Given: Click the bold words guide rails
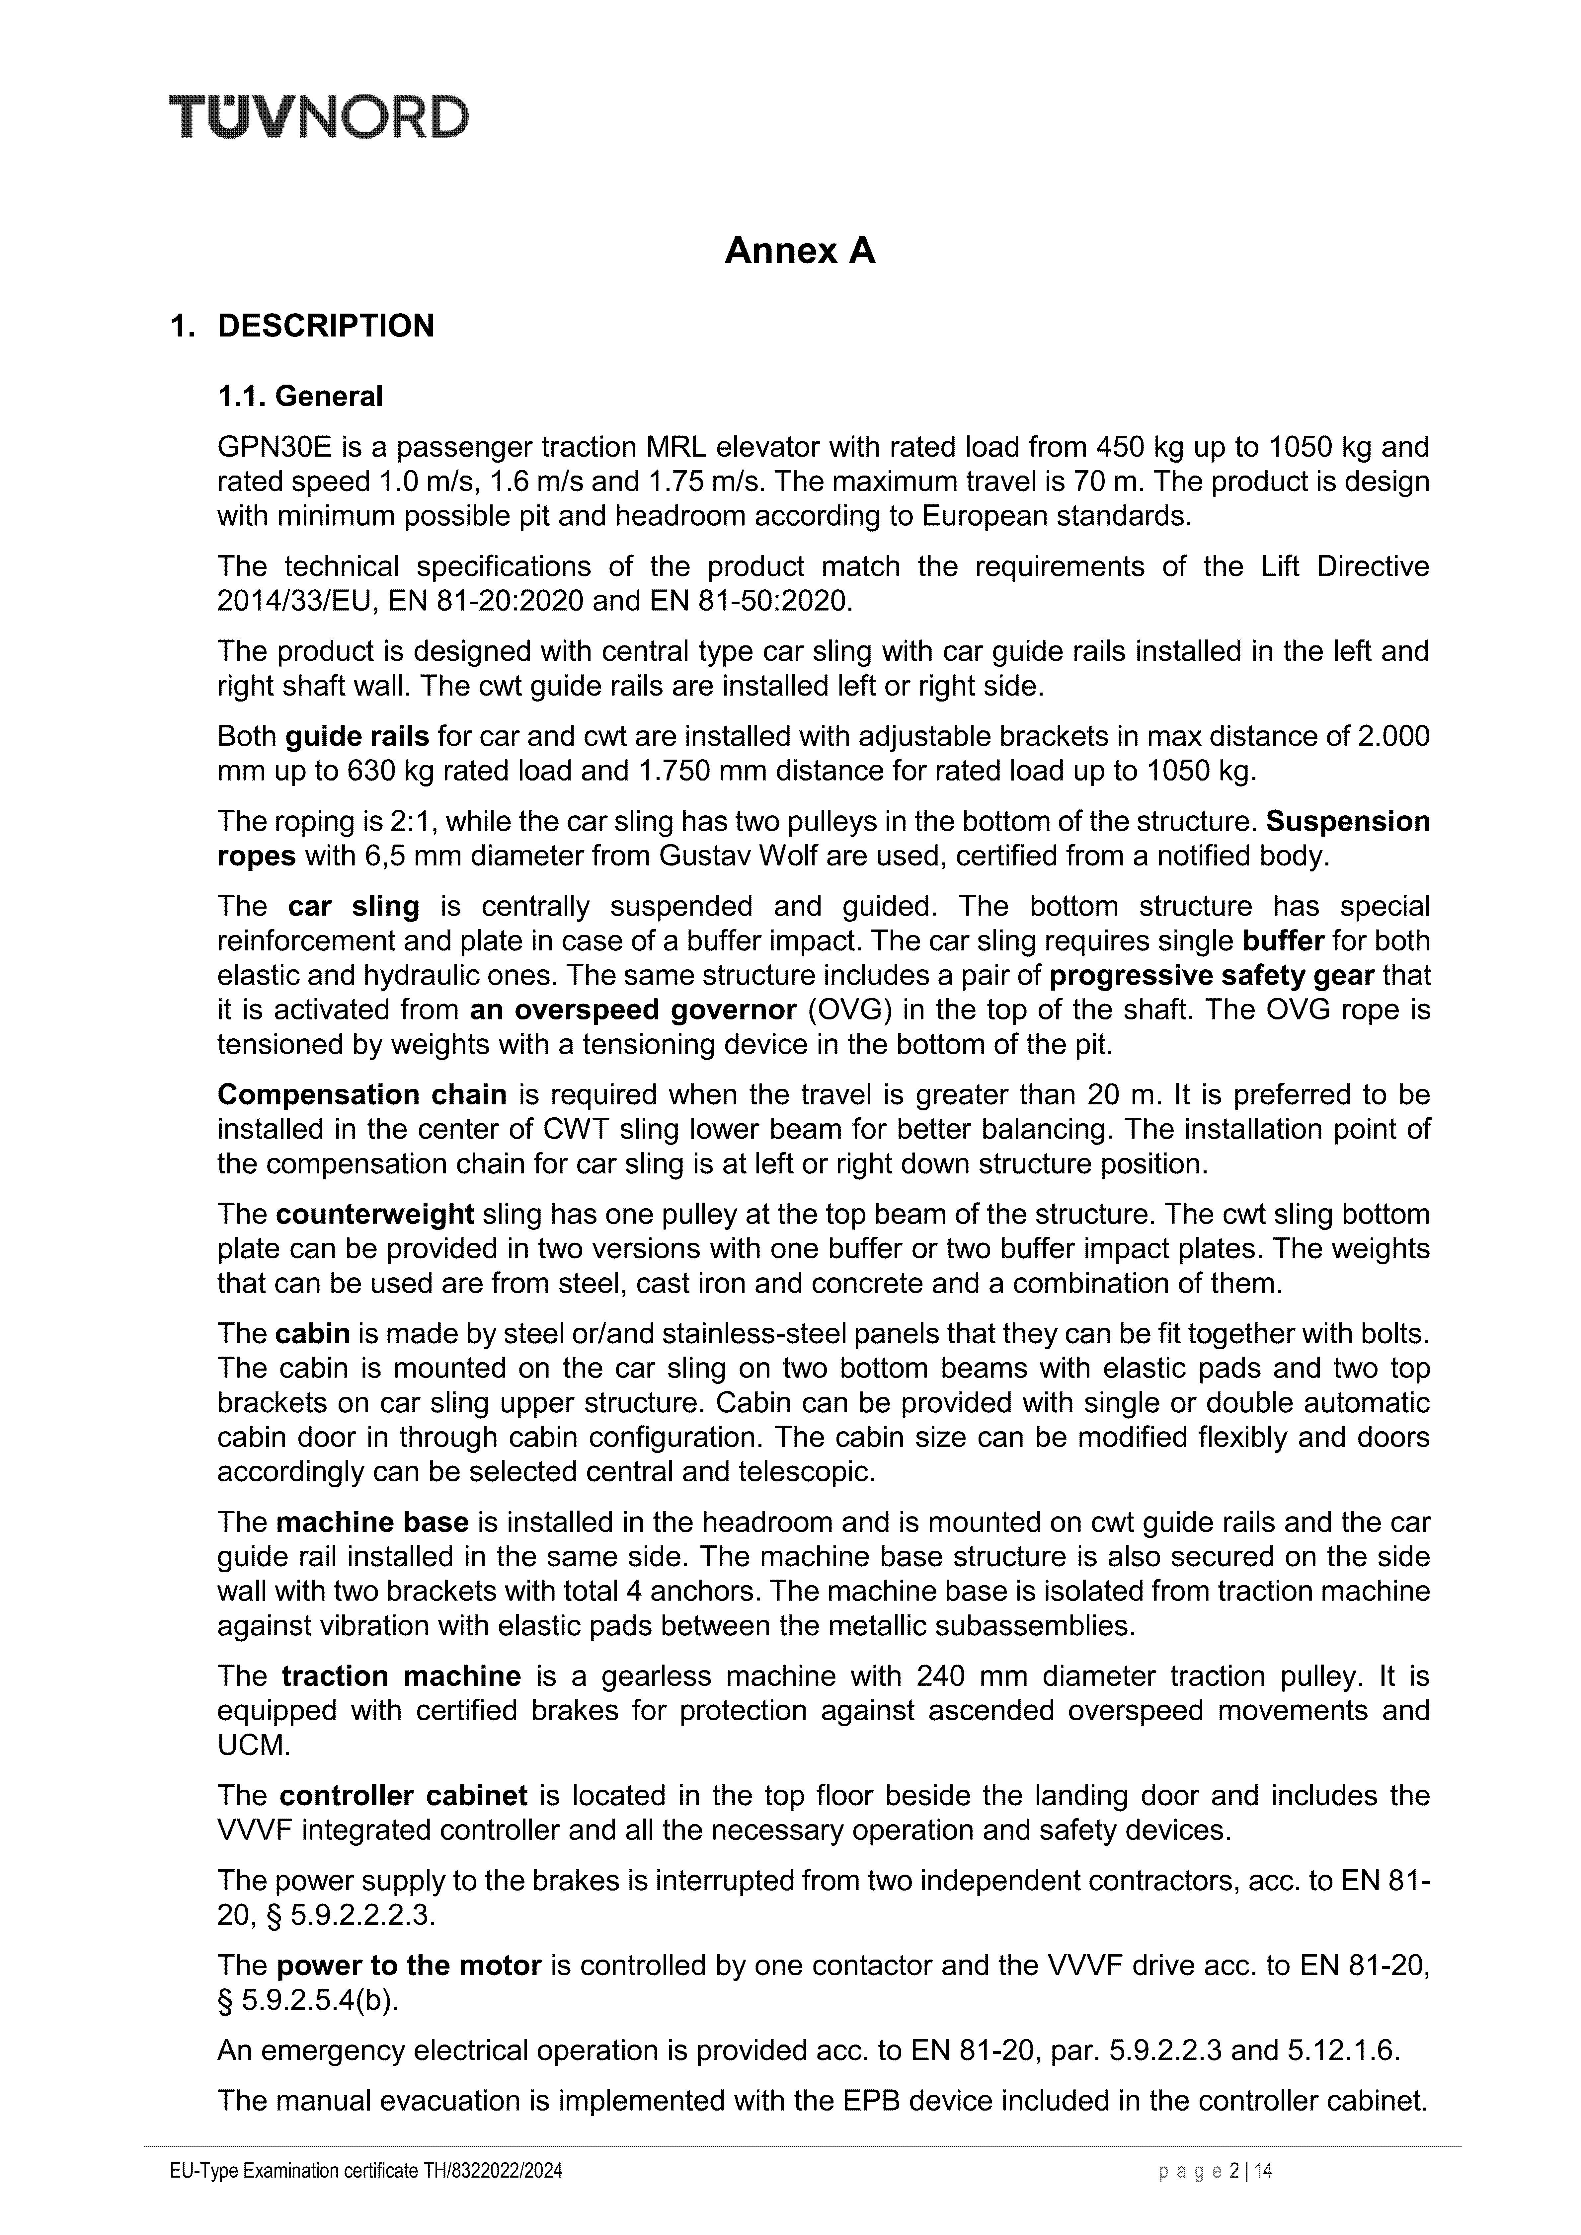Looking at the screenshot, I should tap(357, 737).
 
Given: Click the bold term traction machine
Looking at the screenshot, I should tap(401, 1676).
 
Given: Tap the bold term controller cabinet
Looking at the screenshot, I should tap(403, 1796).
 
